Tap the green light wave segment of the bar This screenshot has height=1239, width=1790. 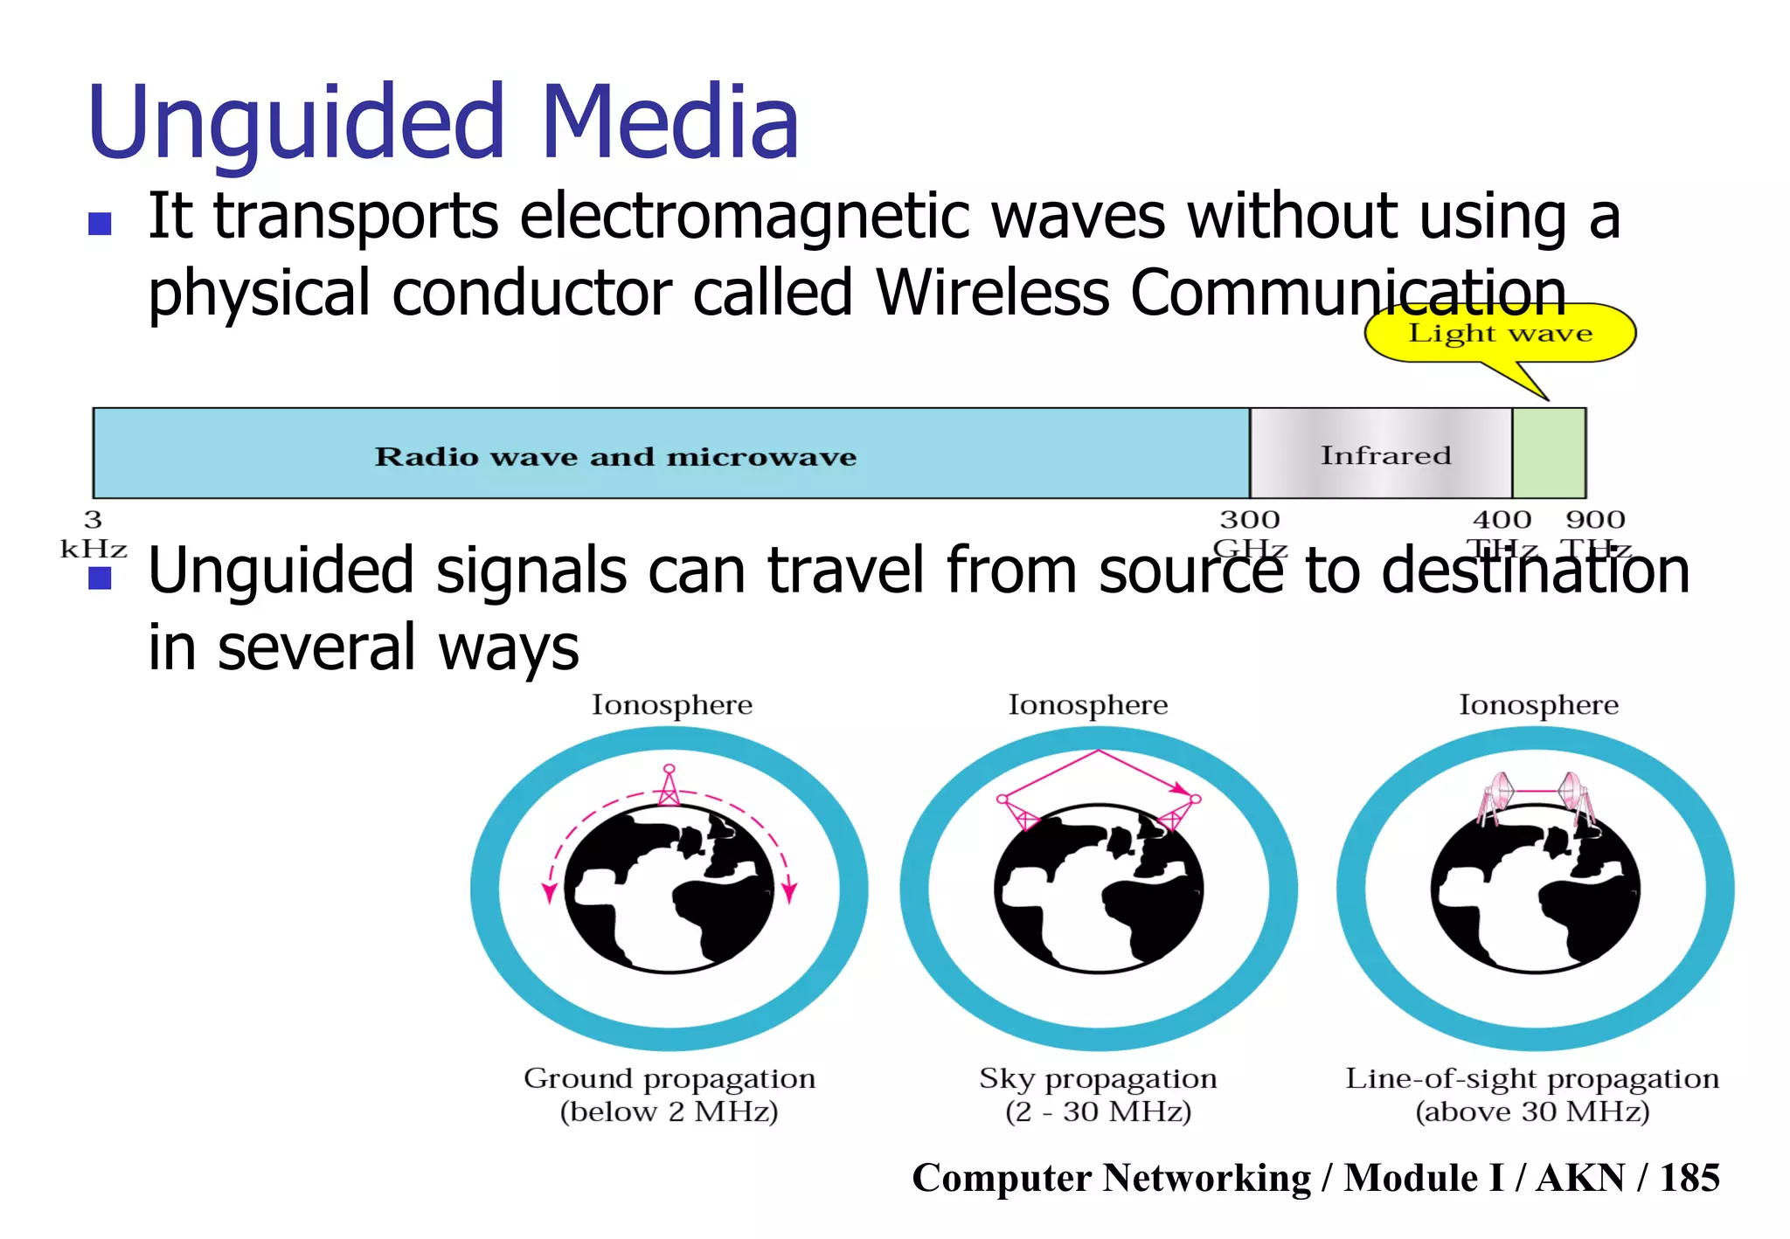pyautogui.click(x=1549, y=453)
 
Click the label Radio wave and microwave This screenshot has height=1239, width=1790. pyautogui.click(x=615, y=457)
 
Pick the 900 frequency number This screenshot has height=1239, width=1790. pyautogui.click(x=1595, y=521)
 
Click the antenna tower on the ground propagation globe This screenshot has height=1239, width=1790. pyautogui.click(x=669, y=786)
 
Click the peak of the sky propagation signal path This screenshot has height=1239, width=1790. pyautogui.click(x=1099, y=751)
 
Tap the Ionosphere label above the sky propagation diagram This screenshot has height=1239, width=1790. pyautogui.click(x=1088, y=705)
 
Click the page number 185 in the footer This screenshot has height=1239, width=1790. pyautogui.click(x=1689, y=1178)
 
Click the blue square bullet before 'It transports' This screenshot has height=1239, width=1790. pyautogui.click(x=101, y=224)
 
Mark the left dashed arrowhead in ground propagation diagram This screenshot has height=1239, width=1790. pyautogui.click(x=549, y=893)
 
